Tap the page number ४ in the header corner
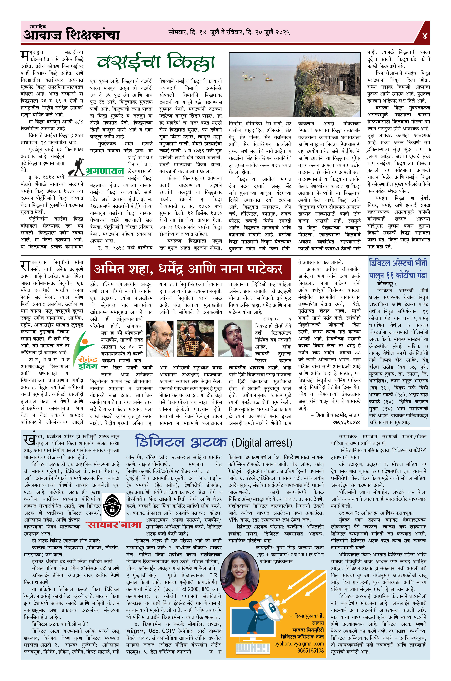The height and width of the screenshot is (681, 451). (x=424, y=36)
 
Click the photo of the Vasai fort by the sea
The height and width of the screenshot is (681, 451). (x=294, y=84)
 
